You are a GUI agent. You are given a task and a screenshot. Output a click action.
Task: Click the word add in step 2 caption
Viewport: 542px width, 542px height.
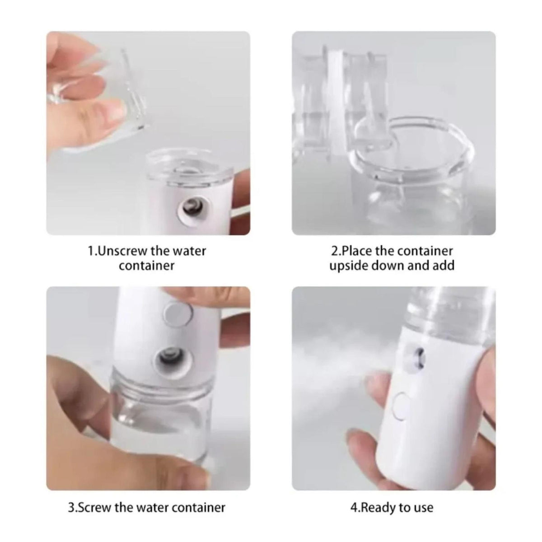pos(444,266)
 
